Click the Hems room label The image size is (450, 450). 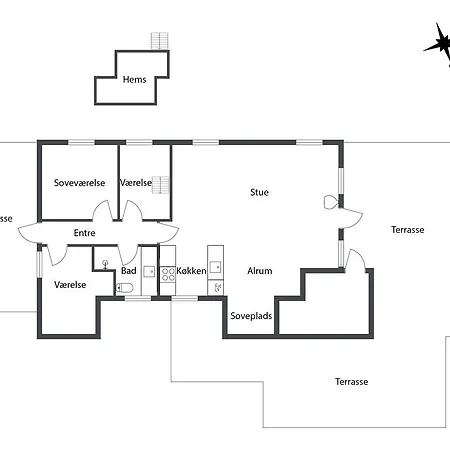click(x=134, y=79)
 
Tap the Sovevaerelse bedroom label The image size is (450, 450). click(x=79, y=183)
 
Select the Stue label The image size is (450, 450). click(x=259, y=192)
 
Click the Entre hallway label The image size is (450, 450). click(x=84, y=233)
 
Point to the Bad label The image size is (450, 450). click(x=129, y=271)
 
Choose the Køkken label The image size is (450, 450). click(x=191, y=271)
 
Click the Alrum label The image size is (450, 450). click(x=260, y=271)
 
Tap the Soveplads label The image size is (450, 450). click(x=251, y=316)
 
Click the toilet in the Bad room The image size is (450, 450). click(x=125, y=287)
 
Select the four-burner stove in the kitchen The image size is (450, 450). click(x=168, y=274)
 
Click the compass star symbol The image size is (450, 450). click(x=439, y=44)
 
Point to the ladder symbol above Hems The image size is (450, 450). click(x=160, y=41)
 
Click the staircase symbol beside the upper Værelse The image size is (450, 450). click(x=161, y=185)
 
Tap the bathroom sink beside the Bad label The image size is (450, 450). click(x=149, y=272)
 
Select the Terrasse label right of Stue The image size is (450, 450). click(x=408, y=230)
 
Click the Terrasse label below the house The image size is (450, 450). click(x=352, y=382)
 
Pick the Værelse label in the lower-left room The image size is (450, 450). click(x=70, y=285)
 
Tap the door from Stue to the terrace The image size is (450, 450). click(x=351, y=218)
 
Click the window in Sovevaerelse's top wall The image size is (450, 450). click(x=81, y=143)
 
